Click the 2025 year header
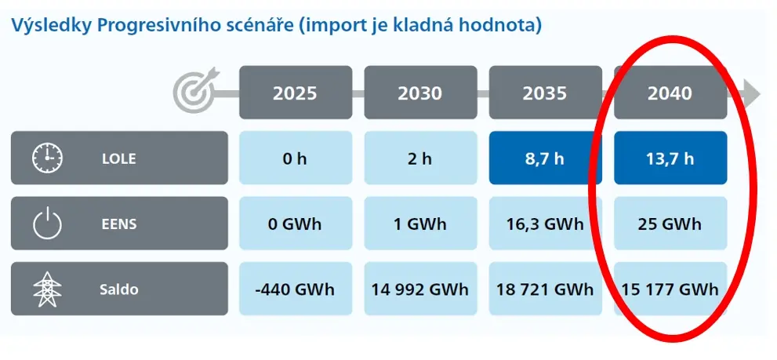point(296,93)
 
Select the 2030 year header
point(420,93)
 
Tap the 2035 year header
point(545,93)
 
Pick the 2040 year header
point(670,93)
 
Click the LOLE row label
point(119,158)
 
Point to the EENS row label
point(119,224)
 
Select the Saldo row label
point(119,289)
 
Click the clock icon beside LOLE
point(48,158)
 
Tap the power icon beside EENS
point(48,224)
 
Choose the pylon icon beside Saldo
point(48,289)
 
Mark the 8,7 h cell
point(545,158)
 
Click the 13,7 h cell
point(670,158)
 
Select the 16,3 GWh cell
point(545,224)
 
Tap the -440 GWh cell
point(296,289)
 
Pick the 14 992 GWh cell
point(420,289)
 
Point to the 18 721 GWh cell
point(545,289)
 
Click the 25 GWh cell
point(670,224)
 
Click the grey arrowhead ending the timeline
point(752,93)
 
